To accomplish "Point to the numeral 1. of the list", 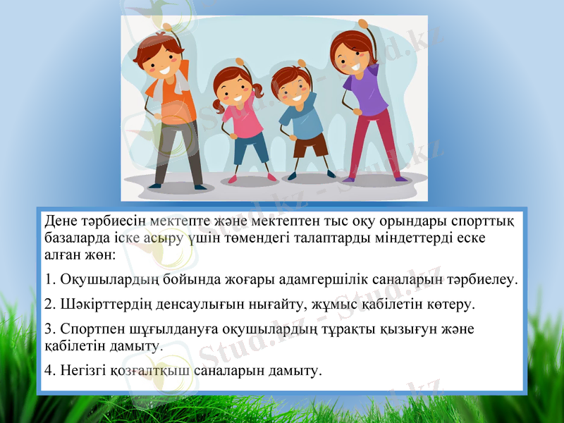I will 49,280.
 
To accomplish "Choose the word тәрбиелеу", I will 480,280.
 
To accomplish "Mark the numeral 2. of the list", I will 49,305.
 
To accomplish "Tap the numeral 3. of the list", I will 49,329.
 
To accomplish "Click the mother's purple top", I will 367,95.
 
